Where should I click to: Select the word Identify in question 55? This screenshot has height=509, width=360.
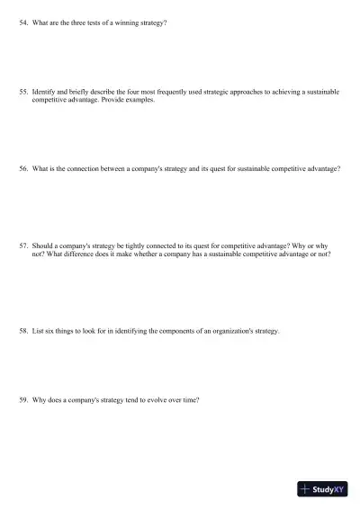[44, 92]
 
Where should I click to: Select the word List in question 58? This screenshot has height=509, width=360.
[38, 331]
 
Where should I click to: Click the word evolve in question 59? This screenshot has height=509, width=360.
[142, 398]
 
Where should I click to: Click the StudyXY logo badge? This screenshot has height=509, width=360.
[322, 489]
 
